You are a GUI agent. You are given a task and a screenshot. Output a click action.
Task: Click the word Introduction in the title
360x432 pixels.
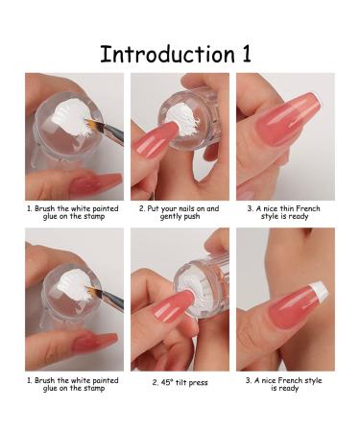[x=168, y=54]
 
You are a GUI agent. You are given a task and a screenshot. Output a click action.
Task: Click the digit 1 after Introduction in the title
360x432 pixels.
[x=247, y=54]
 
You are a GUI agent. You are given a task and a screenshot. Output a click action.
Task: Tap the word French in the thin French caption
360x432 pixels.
[x=308, y=208]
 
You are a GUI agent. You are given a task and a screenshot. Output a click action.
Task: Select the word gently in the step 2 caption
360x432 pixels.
[x=171, y=217]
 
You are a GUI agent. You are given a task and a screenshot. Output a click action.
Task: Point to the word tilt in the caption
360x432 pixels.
[x=180, y=383]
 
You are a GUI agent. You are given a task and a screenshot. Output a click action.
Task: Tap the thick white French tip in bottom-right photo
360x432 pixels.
[x=320, y=291]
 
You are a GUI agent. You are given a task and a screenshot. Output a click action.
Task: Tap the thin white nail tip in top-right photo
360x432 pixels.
[x=317, y=100]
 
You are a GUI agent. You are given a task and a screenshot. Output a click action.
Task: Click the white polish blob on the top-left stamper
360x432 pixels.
[x=71, y=117]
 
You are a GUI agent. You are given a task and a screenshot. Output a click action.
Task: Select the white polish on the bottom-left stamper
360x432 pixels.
[x=74, y=285]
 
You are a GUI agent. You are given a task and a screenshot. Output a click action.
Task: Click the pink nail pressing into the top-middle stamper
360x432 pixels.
[x=156, y=141]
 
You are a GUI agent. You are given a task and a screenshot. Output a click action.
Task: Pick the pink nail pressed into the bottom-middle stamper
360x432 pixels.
[x=175, y=305]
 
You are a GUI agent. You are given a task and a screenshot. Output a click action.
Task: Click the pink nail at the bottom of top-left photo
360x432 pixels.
[x=96, y=183]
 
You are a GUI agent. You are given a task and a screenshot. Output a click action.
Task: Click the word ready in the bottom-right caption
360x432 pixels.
[x=288, y=389]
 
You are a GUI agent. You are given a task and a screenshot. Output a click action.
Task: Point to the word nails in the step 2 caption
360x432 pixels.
[x=186, y=208]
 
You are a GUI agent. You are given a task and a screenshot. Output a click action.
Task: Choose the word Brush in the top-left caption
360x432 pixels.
[x=44, y=208]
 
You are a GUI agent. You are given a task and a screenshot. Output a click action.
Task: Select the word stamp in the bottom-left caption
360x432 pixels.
[x=94, y=389]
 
